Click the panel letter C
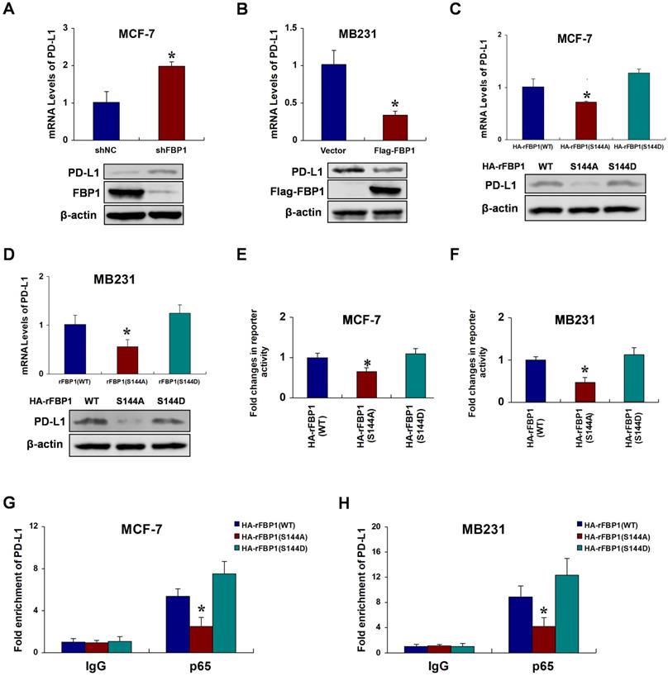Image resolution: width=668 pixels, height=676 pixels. [x=477, y=11]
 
